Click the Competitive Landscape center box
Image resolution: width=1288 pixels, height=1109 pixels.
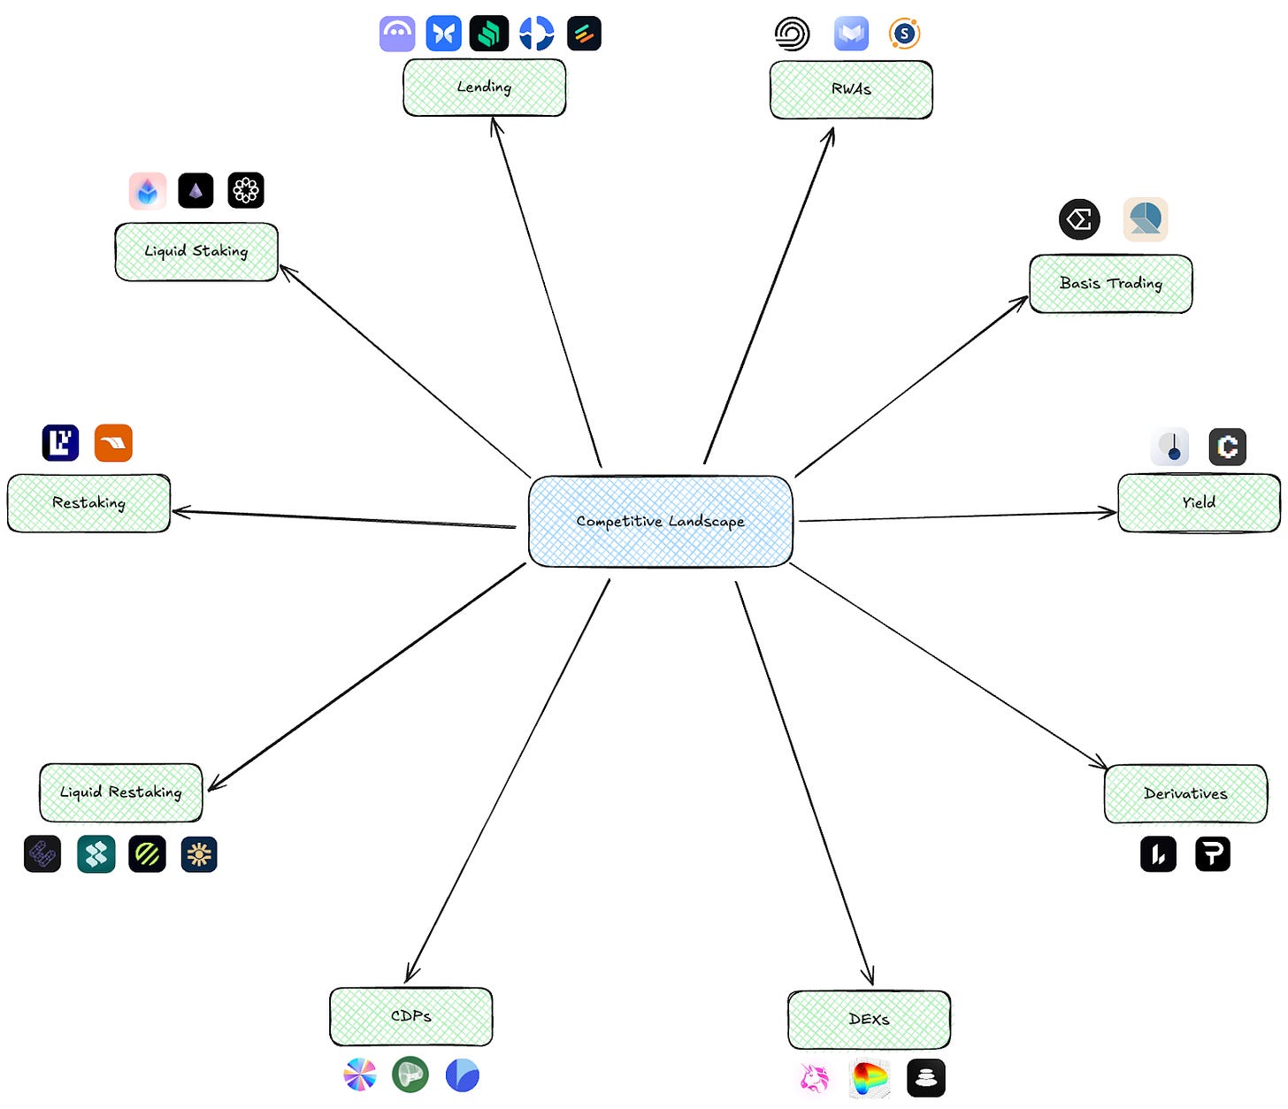click(x=660, y=521)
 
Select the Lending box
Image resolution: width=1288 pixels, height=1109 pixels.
click(x=484, y=88)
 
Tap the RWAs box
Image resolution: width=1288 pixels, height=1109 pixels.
click(x=851, y=89)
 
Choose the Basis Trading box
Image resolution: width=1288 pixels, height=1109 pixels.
click(x=1110, y=284)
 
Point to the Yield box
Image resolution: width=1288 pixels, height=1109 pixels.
click(x=1199, y=502)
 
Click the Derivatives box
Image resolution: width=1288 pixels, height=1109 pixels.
click(x=1185, y=793)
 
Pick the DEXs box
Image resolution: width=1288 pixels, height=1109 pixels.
click(x=869, y=1020)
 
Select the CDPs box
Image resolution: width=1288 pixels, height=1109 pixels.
click(x=410, y=1016)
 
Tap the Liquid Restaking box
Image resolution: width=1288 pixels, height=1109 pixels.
click(x=120, y=792)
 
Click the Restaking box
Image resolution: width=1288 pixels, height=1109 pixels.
click(x=88, y=503)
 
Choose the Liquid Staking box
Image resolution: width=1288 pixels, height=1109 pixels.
click(x=196, y=251)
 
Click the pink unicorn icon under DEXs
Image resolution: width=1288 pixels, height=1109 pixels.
click(x=815, y=1078)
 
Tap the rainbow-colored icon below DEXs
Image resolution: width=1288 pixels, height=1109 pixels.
click(x=870, y=1078)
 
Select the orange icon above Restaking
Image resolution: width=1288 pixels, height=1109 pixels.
click(x=113, y=443)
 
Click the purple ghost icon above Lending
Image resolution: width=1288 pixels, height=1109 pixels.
click(x=397, y=34)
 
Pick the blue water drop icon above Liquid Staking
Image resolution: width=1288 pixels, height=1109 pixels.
click(x=148, y=190)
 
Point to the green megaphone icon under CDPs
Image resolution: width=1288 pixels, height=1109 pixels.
click(x=410, y=1075)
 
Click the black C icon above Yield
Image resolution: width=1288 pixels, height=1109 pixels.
click(x=1227, y=447)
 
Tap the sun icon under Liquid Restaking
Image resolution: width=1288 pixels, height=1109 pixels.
click(x=199, y=854)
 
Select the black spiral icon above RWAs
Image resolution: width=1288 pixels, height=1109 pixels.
click(x=792, y=34)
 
